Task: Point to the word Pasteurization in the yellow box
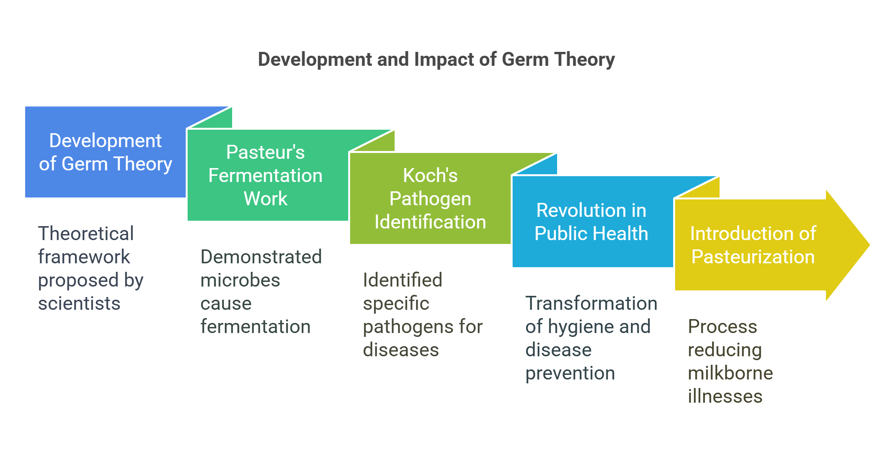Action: [x=753, y=257]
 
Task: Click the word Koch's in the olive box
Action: [x=430, y=175]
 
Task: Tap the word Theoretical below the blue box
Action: [x=86, y=234]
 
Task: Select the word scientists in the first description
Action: [x=79, y=303]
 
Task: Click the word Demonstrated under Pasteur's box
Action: [x=261, y=257]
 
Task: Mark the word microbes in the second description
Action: [x=240, y=280]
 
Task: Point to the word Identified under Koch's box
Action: [x=402, y=280]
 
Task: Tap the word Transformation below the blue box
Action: [x=591, y=303]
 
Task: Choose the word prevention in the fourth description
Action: [x=570, y=373]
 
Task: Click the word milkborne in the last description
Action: [x=730, y=373]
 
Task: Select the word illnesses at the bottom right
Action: [x=725, y=396]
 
